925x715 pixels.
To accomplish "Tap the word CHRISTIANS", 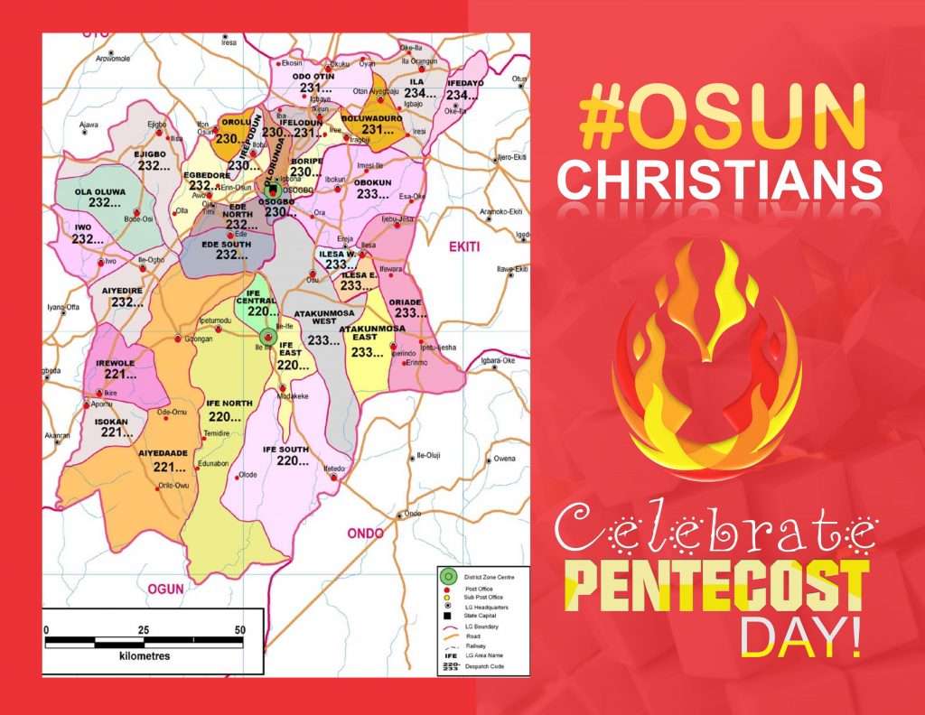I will (x=719, y=181).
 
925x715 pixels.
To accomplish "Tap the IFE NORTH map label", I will (x=229, y=402).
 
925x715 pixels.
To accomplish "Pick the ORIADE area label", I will (x=405, y=302).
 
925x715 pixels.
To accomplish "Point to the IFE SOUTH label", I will (x=285, y=449).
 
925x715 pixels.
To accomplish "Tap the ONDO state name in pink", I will (x=366, y=533).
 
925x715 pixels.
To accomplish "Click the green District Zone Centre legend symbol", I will (x=444, y=575).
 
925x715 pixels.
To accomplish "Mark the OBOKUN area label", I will (x=373, y=181).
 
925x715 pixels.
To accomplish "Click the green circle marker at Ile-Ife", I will (x=266, y=338).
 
